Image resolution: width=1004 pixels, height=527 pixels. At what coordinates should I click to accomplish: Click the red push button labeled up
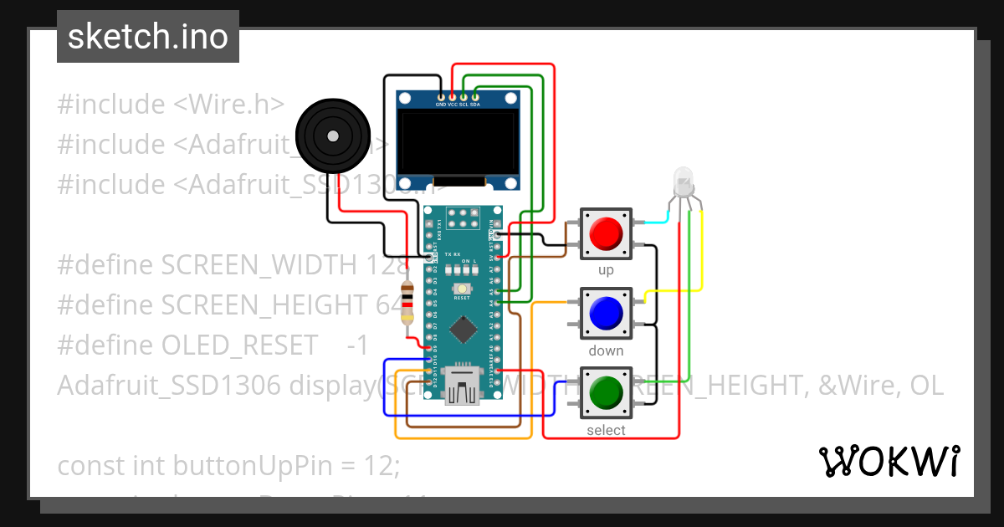tap(606, 233)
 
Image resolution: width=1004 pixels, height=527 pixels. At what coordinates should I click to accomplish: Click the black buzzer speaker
tap(333, 134)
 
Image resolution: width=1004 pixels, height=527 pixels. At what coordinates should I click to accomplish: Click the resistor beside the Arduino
tap(407, 303)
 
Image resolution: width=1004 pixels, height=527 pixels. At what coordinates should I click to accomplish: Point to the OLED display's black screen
tap(457, 143)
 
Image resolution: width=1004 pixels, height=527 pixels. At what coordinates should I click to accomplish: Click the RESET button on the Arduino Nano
tap(462, 288)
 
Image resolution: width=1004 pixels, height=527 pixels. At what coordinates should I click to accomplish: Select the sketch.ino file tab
tap(148, 37)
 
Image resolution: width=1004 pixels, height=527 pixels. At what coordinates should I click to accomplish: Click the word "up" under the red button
tap(606, 270)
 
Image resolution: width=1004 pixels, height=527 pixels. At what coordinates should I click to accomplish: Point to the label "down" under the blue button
tap(606, 350)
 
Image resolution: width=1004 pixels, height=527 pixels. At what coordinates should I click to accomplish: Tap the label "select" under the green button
tap(606, 430)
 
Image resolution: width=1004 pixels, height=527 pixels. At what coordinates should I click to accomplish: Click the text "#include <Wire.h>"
tap(171, 105)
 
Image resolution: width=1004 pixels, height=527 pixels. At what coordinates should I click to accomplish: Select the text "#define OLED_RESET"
tap(187, 345)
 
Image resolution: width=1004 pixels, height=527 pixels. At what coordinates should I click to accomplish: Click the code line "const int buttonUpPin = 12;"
tap(228, 465)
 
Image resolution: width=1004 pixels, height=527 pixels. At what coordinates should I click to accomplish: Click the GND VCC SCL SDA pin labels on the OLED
tap(458, 105)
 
